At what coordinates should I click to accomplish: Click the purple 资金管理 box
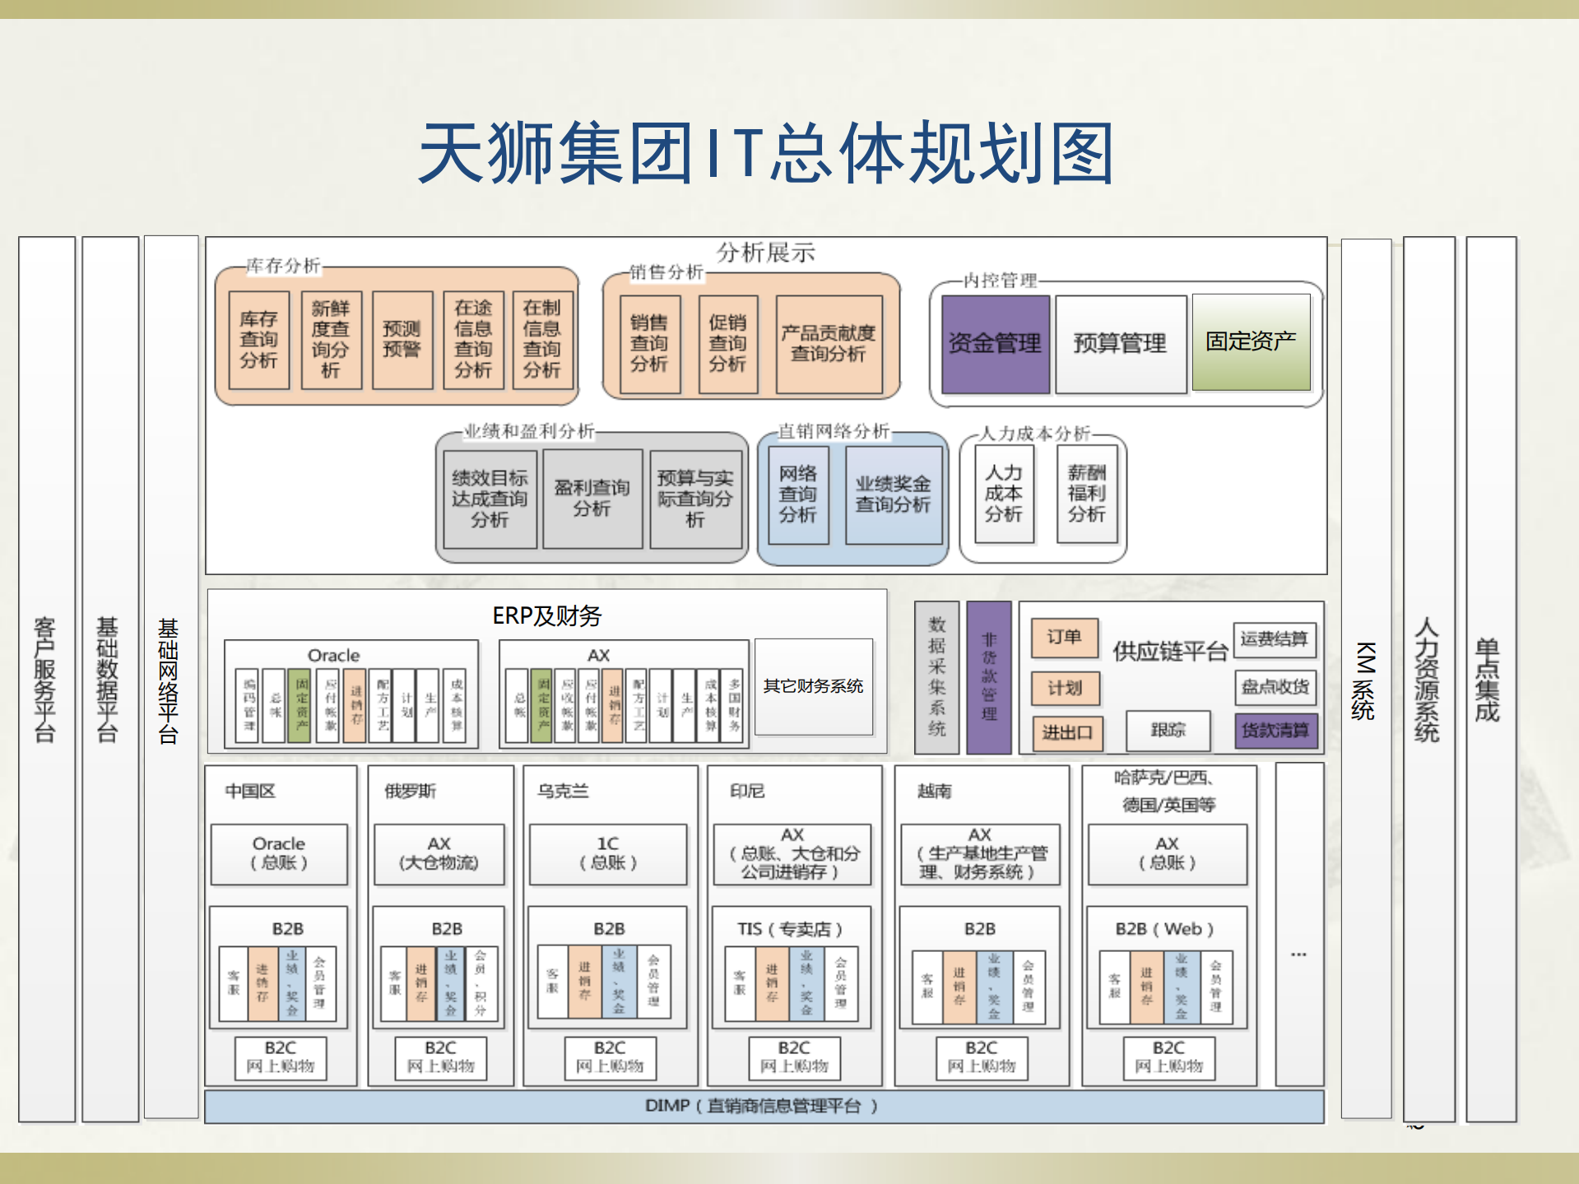[995, 343]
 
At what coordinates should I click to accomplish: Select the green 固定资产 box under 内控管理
[1251, 341]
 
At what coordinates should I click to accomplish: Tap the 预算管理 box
[1120, 343]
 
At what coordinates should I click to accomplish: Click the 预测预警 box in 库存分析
[402, 339]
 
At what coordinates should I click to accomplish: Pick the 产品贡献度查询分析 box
[828, 344]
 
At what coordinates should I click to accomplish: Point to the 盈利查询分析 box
[592, 498]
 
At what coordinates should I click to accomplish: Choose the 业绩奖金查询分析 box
[893, 494]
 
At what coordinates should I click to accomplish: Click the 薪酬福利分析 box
[1086, 493]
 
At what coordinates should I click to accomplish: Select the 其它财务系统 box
[813, 686]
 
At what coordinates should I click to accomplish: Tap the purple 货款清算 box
[1275, 730]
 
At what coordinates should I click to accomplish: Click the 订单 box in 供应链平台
[1064, 638]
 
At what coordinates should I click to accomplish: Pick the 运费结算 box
[1274, 638]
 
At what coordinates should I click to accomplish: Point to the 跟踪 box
[1168, 730]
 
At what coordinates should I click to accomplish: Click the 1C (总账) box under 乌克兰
[607, 853]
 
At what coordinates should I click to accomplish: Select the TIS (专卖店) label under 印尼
[790, 929]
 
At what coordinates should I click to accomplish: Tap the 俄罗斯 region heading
[410, 791]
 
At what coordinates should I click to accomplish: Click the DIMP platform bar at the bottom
[763, 1106]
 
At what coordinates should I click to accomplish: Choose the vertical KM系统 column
[1365, 679]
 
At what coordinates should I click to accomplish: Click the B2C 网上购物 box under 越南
[981, 1057]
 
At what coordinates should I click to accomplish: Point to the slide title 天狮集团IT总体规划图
[766, 153]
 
